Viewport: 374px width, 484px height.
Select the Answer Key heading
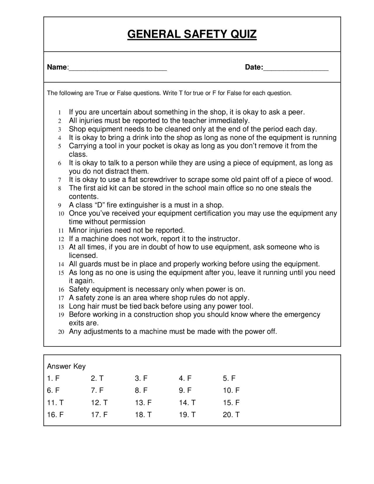pyautogui.click(x=66, y=366)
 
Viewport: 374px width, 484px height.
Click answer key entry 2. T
pyautogui.click(x=97, y=378)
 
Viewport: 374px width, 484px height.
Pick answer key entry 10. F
pyautogui.click(x=231, y=390)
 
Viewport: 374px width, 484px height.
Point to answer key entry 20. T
pyautogui.click(x=231, y=415)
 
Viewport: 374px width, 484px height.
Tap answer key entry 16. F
pyautogui.click(x=55, y=415)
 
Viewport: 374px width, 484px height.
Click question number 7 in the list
pyautogui.click(x=60, y=180)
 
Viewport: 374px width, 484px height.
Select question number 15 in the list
pyautogui.click(x=61, y=273)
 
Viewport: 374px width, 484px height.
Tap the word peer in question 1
pyautogui.click(x=296, y=112)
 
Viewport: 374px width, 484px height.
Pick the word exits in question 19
pyautogui.click(x=77, y=323)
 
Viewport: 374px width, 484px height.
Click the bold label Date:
pyautogui.click(x=254, y=67)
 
